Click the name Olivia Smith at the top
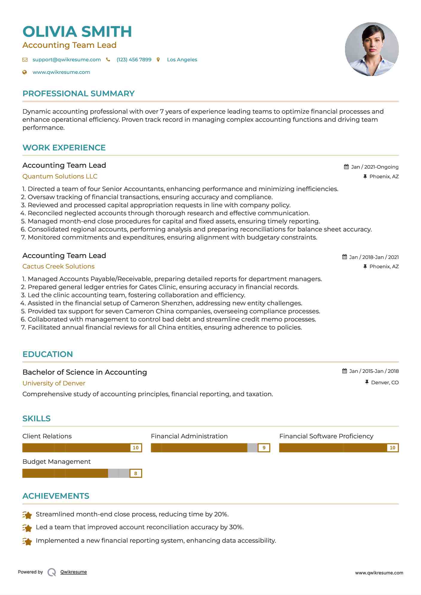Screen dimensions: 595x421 pyautogui.click(x=77, y=32)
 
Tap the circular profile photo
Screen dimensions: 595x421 pyautogui.click(x=372, y=49)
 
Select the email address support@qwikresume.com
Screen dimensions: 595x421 pyautogui.click(x=66, y=59)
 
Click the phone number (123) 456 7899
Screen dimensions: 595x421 pyautogui.click(x=134, y=59)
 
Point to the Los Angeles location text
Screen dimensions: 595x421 pyautogui.click(x=182, y=59)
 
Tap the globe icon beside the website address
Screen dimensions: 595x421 pyautogui.click(x=25, y=72)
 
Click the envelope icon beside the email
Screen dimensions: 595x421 pyautogui.click(x=25, y=59)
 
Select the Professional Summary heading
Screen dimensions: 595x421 pyautogui.click(x=78, y=94)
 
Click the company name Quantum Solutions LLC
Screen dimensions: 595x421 pyautogui.click(x=60, y=176)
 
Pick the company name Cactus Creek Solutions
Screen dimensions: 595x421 pyautogui.click(x=58, y=266)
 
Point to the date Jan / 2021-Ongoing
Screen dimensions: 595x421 pyautogui.click(x=375, y=167)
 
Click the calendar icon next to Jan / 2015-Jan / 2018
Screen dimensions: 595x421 pyautogui.click(x=345, y=371)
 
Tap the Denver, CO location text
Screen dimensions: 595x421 pyautogui.click(x=385, y=382)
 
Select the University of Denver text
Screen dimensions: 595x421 pyautogui.click(x=54, y=383)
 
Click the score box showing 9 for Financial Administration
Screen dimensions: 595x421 pyautogui.click(x=264, y=448)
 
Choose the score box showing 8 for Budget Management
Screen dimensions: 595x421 pyautogui.click(x=136, y=473)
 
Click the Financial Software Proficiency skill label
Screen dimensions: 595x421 pyautogui.click(x=326, y=436)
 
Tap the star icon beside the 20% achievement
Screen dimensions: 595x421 pyautogui.click(x=27, y=515)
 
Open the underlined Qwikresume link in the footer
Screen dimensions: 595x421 pyautogui.click(x=74, y=572)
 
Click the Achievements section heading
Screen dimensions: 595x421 pyautogui.click(x=56, y=496)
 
